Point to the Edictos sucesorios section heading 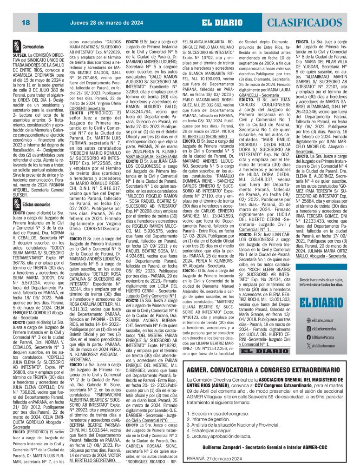tap(36, 205)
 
